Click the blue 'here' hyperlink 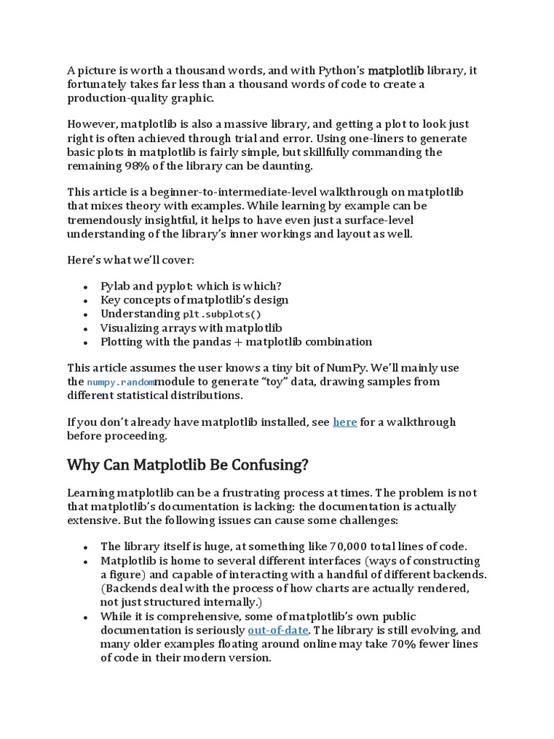pyautogui.click(x=345, y=422)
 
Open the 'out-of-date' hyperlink pyautogui.click(x=278, y=630)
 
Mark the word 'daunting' pyautogui.click(x=289, y=165)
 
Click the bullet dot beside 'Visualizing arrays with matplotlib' pyautogui.click(x=86, y=329)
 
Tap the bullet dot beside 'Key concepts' pyautogui.click(x=86, y=301)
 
